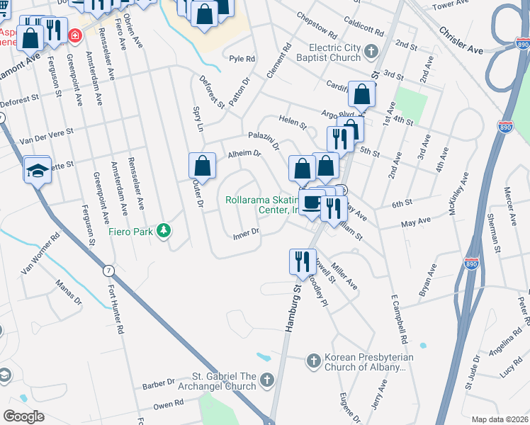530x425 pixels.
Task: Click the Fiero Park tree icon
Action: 164,231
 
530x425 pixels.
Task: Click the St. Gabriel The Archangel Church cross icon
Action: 266,381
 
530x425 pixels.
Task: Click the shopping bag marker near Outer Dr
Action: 203,166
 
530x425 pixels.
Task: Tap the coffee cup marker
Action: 312,203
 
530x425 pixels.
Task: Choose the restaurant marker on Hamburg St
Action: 303,261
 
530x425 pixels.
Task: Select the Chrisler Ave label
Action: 461,41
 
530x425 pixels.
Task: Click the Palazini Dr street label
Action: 264,140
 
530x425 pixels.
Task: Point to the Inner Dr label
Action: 246,233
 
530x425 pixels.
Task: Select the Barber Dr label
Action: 158,385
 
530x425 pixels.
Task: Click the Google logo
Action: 23,416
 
